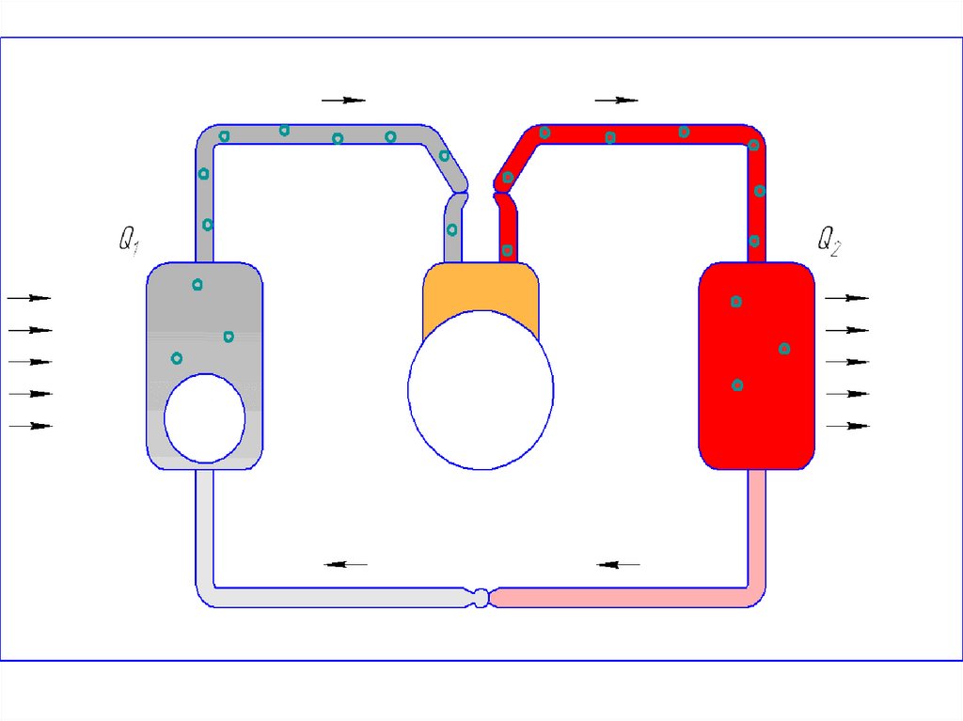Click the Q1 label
[129, 240]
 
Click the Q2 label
[829, 241]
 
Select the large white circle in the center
[481, 390]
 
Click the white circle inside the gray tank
[204, 417]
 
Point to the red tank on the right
[757, 366]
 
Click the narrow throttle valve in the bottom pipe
[481, 598]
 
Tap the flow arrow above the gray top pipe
[343, 100]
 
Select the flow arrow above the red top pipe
[617, 100]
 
